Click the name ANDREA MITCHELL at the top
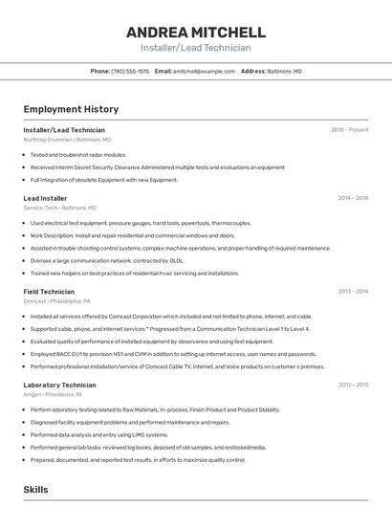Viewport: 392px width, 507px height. tap(195, 33)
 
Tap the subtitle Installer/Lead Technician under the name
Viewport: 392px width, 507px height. tap(195, 48)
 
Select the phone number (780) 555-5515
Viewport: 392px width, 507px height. tap(130, 71)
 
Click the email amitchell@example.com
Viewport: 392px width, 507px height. tap(204, 71)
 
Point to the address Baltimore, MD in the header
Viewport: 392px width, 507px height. tap(284, 71)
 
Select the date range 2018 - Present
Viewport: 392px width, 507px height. tap(349, 129)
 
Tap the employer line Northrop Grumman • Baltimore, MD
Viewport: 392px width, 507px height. tap(67, 139)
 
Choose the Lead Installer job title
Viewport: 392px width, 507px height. tap(45, 198)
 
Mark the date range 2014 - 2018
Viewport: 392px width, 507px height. tap(353, 198)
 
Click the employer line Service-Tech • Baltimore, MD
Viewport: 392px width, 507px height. tap(59, 207)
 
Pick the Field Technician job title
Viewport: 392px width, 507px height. tap(49, 291)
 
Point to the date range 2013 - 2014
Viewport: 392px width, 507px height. tap(353, 291)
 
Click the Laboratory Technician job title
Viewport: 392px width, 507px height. tap(58, 385)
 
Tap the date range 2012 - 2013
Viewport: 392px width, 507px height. tap(353, 385)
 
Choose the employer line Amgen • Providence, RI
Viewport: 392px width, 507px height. tap(53, 394)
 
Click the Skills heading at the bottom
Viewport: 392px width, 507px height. tap(35, 489)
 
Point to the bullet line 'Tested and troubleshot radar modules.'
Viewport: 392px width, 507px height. tap(77, 154)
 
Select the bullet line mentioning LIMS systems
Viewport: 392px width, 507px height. tap(85, 434)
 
